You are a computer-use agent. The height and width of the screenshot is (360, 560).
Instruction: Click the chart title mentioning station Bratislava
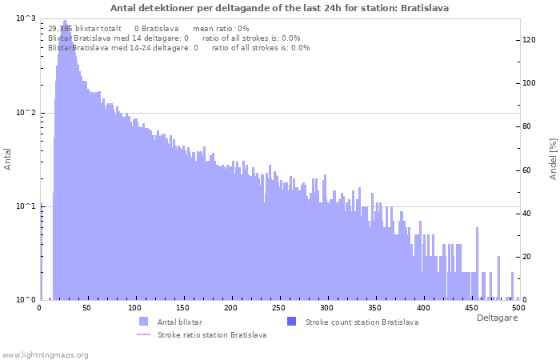click(x=279, y=8)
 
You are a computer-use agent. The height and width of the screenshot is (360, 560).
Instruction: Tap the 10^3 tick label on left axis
click(x=26, y=18)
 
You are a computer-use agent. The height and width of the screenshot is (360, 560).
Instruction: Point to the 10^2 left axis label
click(x=26, y=113)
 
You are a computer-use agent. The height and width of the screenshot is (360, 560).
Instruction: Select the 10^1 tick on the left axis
click(x=26, y=206)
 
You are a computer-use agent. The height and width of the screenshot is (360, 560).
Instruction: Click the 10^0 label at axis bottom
click(x=26, y=300)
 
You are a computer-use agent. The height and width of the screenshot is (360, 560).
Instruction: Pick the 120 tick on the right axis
click(x=529, y=40)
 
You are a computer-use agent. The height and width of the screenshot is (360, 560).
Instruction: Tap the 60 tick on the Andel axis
click(x=526, y=170)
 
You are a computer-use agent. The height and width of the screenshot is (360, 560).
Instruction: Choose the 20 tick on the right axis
click(x=526, y=257)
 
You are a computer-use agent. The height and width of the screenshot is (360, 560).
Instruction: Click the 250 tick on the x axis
click(x=278, y=308)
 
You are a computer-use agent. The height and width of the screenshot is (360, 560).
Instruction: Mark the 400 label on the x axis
click(x=423, y=308)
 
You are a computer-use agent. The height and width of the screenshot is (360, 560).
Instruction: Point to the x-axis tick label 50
click(x=86, y=308)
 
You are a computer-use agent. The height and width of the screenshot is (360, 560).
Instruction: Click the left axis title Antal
click(x=7, y=159)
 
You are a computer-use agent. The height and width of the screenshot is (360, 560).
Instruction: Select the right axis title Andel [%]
click(x=553, y=159)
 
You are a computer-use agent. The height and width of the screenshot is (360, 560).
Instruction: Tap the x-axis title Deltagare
click(x=497, y=318)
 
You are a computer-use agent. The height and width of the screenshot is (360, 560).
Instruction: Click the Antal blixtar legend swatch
click(x=143, y=322)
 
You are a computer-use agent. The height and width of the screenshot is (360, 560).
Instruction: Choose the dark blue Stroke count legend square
click(x=291, y=322)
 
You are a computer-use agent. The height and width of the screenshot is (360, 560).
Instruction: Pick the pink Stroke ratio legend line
click(x=143, y=334)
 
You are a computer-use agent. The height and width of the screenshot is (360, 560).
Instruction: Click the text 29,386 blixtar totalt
click(x=84, y=29)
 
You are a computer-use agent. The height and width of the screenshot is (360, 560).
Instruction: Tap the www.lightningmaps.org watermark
click(x=45, y=355)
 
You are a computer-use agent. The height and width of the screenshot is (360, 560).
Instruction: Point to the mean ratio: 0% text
click(x=221, y=29)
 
